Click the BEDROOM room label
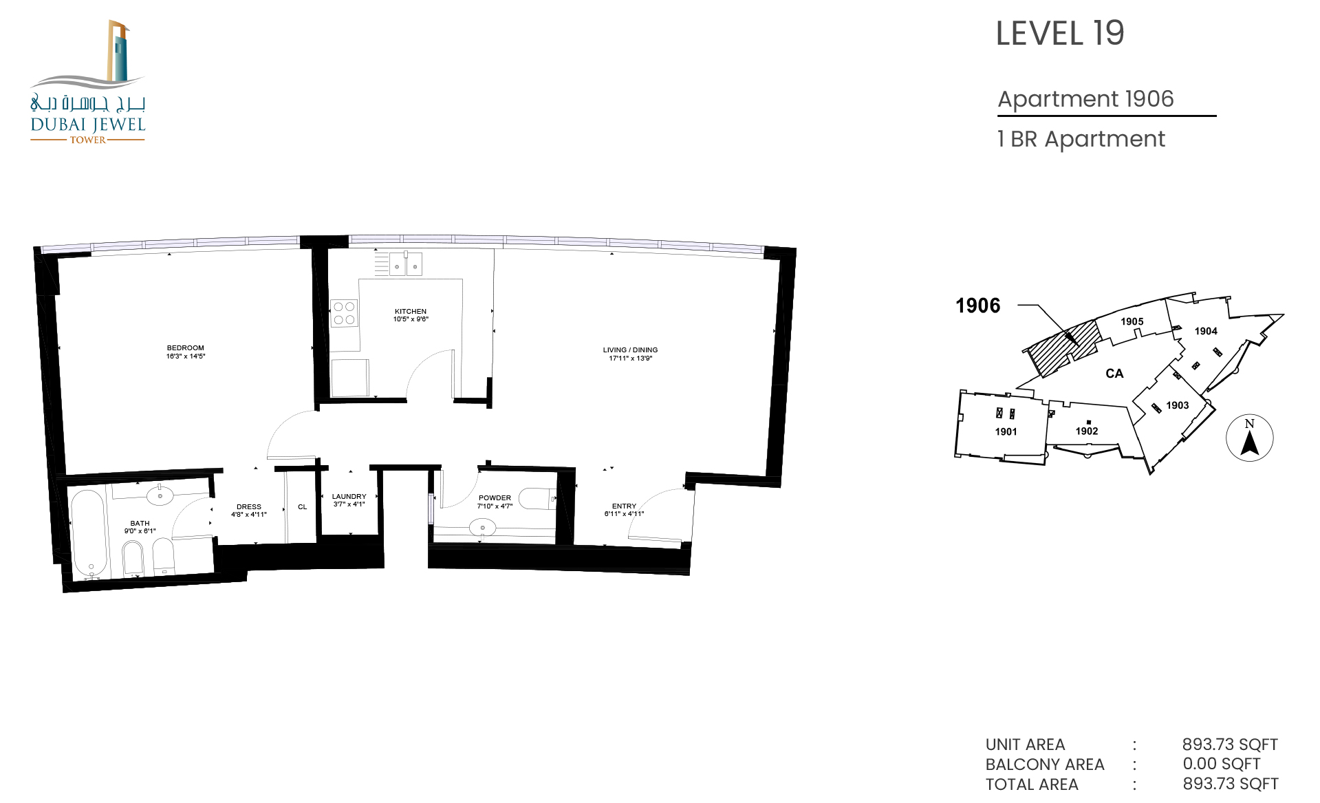(x=186, y=348)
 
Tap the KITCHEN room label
(x=411, y=312)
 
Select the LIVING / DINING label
(x=630, y=350)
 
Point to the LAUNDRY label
(x=349, y=497)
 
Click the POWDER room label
(x=495, y=498)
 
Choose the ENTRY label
(x=625, y=506)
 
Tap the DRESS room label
(x=249, y=507)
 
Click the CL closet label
(x=303, y=507)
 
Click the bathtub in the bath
(x=89, y=533)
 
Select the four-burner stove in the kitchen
(x=344, y=313)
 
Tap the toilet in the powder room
(x=537, y=498)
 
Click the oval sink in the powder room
(x=482, y=528)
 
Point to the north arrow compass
(x=1250, y=438)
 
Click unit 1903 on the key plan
(x=1177, y=405)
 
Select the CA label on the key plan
(x=1114, y=374)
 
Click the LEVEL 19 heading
(x=1060, y=33)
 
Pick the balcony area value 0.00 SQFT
(x=1222, y=764)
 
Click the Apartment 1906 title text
(x=1086, y=99)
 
